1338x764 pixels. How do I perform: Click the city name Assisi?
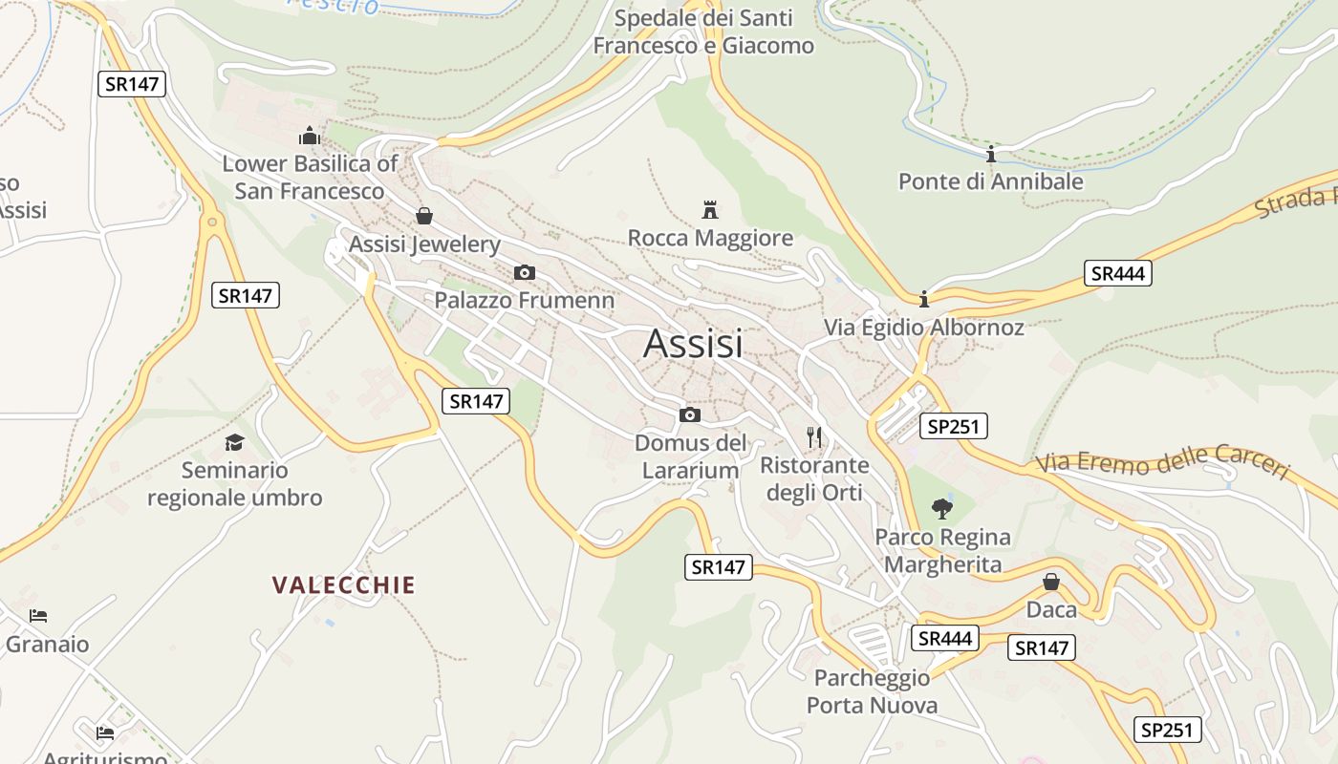click(693, 344)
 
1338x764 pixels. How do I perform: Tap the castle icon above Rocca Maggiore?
click(710, 209)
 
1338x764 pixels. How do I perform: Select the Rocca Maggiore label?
click(710, 238)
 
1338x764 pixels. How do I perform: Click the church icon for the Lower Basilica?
click(309, 137)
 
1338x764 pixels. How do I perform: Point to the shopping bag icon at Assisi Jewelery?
click(423, 216)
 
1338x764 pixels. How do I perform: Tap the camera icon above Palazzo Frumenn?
click(524, 273)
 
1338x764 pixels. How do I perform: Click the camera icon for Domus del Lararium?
click(689, 414)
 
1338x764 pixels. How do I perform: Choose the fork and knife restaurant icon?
click(814, 437)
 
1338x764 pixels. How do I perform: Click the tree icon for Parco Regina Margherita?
click(942, 508)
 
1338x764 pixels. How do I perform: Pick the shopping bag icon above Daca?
click(1051, 582)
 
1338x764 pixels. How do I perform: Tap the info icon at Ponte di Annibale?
click(991, 154)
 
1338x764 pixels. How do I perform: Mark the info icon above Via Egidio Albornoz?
click(923, 300)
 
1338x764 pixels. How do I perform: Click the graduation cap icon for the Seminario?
click(234, 442)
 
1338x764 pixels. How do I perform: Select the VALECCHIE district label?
click(344, 585)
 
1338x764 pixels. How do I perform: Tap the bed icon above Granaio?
click(38, 616)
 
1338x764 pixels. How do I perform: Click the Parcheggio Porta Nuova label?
click(872, 691)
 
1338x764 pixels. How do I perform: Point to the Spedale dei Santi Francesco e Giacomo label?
click(703, 32)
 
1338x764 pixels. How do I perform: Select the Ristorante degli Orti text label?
click(814, 478)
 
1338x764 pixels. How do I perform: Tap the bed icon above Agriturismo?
click(105, 733)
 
